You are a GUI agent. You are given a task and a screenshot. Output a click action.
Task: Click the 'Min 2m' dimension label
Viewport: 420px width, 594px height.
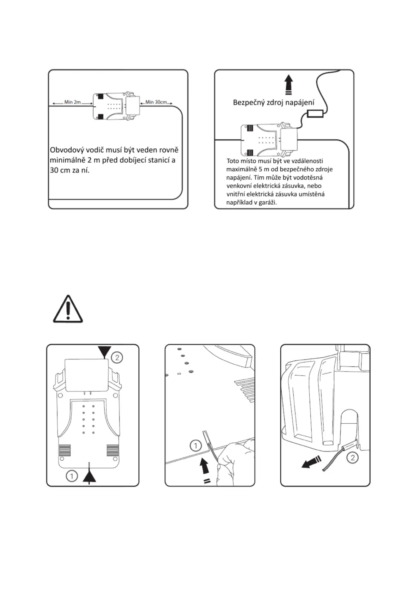[x=72, y=102]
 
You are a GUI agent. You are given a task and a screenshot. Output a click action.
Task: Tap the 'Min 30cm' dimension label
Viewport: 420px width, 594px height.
[x=156, y=102]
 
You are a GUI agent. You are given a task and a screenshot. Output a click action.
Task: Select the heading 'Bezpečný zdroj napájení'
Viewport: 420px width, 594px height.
[x=273, y=102]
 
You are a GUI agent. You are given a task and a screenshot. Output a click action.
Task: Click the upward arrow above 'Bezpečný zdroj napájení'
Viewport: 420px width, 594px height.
[x=288, y=84]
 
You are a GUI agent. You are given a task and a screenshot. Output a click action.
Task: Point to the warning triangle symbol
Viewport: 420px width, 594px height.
[x=68, y=309]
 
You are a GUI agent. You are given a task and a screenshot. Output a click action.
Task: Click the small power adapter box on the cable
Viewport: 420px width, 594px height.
[x=315, y=114]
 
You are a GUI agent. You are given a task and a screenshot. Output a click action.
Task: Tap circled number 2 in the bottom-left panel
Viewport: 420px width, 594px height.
[x=117, y=357]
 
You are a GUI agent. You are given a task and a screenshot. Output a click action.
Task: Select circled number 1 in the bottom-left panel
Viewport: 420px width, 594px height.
[x=72, y=476]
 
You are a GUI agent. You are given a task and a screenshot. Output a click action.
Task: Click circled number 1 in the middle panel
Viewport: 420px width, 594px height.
[x=195, y=446]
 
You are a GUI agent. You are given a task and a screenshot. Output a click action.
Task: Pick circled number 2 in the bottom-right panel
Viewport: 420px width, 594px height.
[x=352, y=458]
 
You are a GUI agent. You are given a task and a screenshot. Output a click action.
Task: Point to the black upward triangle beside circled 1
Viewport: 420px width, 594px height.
[x=89, y=477]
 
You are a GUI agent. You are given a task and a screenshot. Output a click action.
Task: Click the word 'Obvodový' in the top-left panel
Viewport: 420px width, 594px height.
[x=66, y=150]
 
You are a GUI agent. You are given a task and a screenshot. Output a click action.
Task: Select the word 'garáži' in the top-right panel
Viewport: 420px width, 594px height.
[x=268, y=202]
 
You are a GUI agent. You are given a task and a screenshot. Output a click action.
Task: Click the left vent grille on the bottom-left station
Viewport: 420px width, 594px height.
[x=65, y=450]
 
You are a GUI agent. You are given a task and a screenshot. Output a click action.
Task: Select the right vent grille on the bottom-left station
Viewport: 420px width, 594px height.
[x=112, y=450]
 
